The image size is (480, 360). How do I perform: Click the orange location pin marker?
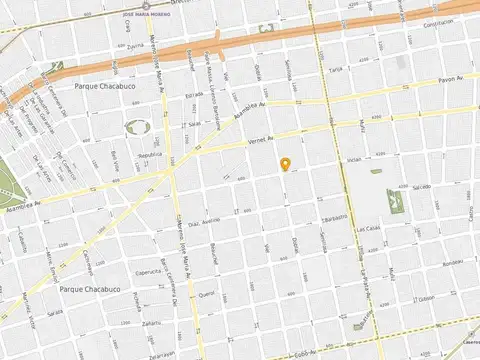(285, 164)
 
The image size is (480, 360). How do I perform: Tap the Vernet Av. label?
(259, 143)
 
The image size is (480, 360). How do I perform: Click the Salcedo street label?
(419, 186)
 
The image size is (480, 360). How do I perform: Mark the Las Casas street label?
(368, 228)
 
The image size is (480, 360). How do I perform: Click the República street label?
(149, 156)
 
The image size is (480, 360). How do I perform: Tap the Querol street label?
(207, 294)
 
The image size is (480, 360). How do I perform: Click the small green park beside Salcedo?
(396, 204)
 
